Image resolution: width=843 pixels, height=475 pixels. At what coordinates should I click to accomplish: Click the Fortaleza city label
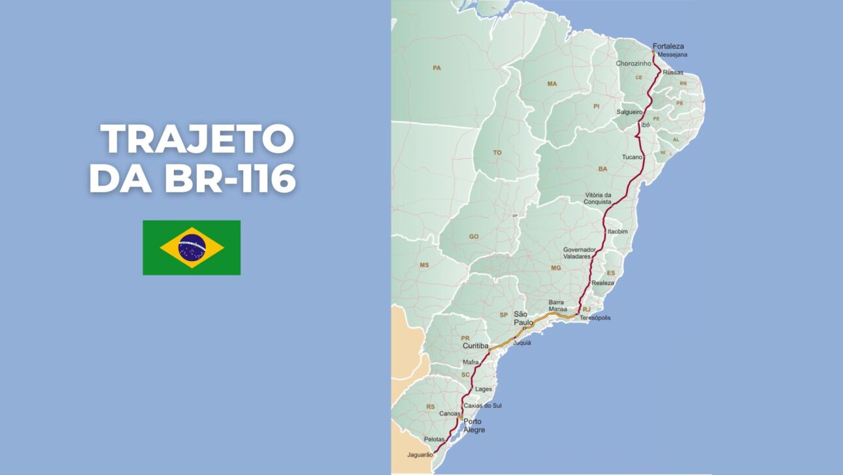[x=668, y=46]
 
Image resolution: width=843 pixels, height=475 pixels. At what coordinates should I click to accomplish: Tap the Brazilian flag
[x=191, y=247]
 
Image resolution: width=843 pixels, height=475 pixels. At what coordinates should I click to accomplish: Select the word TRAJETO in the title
[x=197, y=139]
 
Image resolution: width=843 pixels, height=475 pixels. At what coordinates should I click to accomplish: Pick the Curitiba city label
[x=475, y=345]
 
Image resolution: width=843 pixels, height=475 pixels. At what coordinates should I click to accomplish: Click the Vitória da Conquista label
[x=598, y=198]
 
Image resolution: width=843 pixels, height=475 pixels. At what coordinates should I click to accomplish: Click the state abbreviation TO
[x=497, y=152]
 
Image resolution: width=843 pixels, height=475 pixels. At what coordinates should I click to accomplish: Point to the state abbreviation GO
[x=474, y=236]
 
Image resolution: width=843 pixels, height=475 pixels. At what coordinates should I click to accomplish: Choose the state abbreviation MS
[x=425, y=265]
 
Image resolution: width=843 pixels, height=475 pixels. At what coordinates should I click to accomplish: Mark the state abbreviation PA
[x=437, y=67]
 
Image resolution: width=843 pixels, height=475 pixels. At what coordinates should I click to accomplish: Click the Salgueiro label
[x=629, y=112]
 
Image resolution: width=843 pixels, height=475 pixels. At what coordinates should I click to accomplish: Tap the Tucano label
[x=633, y=157]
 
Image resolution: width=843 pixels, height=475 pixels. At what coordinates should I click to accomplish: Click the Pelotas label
[x=434, y=439]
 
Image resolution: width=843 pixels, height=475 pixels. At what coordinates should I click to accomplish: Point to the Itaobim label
[x=618, y=231]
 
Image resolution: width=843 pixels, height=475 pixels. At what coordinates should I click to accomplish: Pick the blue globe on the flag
[x=191, y=247]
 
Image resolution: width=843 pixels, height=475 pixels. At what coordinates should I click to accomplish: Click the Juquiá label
[x=522, y=342]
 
